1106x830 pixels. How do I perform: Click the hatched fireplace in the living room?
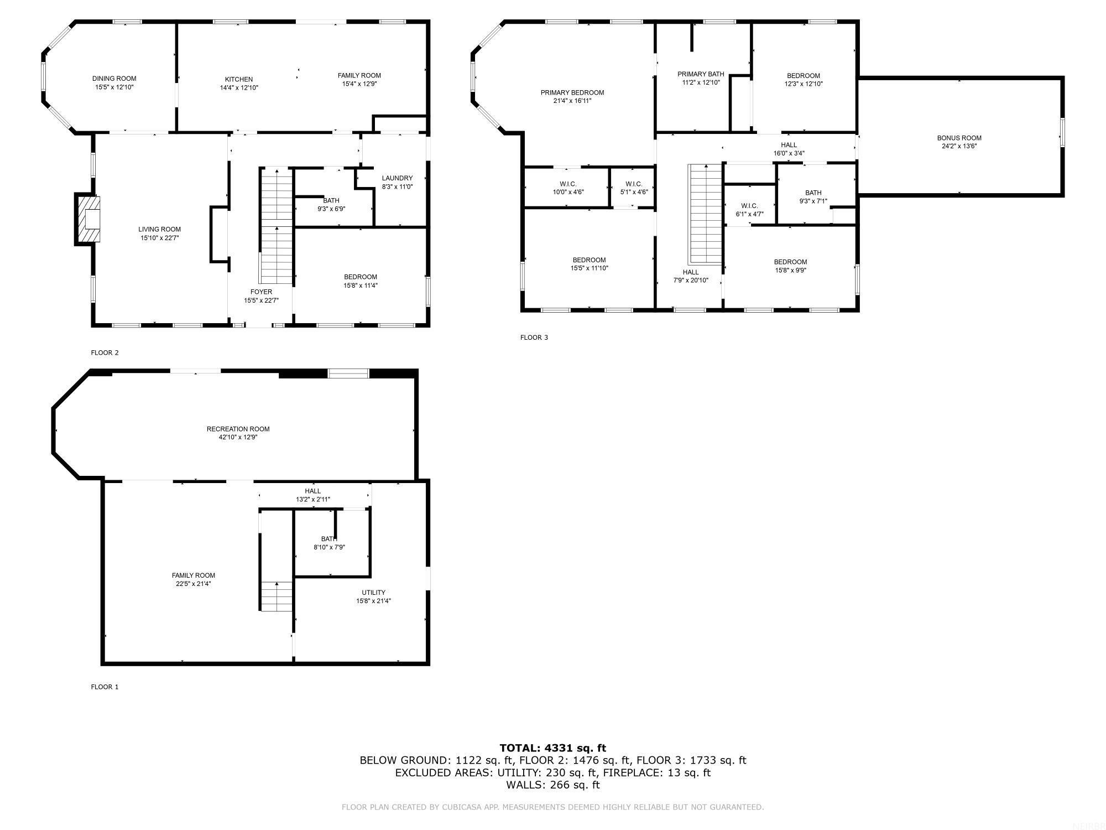point(88,219)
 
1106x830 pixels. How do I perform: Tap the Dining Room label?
point(114,79)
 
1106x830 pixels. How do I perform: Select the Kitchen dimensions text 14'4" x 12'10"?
point(239,87)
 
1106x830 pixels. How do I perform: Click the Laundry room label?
point(397,178)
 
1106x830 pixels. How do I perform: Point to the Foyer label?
point(261,292)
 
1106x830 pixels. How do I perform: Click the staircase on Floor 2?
point(276,227)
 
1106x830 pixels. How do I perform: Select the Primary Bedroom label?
point(572,92)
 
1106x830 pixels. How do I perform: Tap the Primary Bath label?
point(701,74)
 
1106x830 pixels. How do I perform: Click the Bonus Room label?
point(959,138)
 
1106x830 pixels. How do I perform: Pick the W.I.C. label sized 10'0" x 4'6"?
point(568,184)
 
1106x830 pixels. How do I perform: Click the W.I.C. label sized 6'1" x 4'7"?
point(749,206)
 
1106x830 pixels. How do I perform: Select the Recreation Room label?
point(238,429)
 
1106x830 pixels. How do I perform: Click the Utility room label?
point(374,592)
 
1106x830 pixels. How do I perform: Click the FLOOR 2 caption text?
point(105,352)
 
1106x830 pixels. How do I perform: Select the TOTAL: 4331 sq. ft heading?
point(552,748)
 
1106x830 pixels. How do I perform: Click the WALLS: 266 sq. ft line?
point(552,785)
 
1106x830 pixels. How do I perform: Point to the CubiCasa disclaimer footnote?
point(552,807)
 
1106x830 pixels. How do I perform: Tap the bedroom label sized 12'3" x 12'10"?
point(803,76)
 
